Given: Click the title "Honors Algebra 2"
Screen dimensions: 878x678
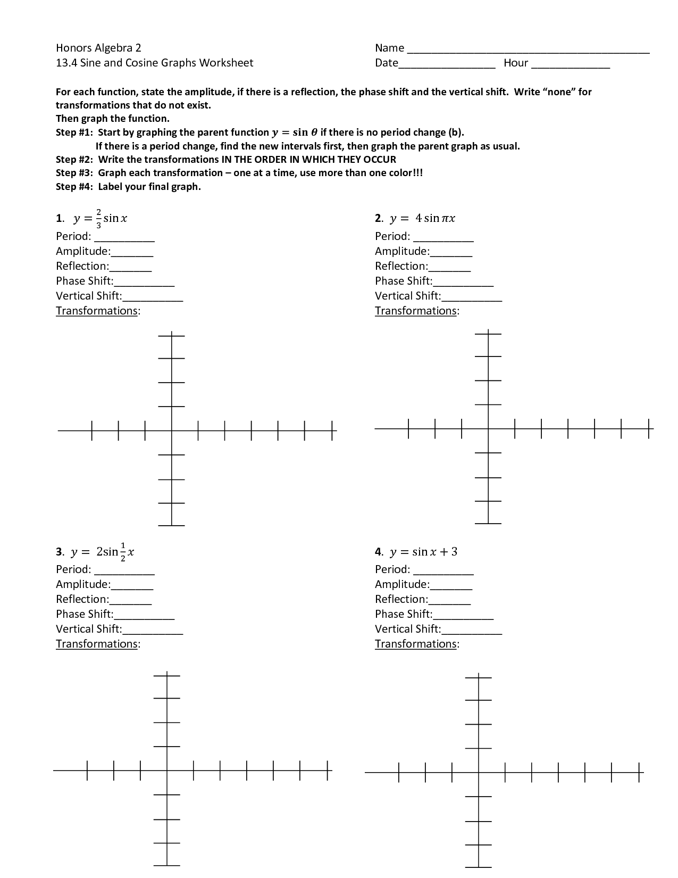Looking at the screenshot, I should [x=98, y=48].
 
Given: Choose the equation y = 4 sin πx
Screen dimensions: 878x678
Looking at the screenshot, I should [x=422, y=218].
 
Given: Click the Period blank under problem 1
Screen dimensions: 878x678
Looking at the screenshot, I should [x=124, y=238].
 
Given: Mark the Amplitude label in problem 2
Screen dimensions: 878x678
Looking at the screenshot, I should [x=402, y=251].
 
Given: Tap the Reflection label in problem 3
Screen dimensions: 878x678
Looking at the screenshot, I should [x=82, y=599].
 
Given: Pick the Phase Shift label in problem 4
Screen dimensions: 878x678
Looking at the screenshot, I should [x=403, y=614].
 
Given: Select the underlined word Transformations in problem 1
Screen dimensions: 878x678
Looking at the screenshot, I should [x=97, y=311].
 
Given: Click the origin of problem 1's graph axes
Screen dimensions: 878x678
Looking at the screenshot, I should [x=171, y=430].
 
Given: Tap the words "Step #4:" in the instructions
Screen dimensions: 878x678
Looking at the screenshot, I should [x=75, y=187].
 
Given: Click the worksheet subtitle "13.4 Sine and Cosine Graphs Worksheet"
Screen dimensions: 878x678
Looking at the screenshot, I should [x=154, y=63].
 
